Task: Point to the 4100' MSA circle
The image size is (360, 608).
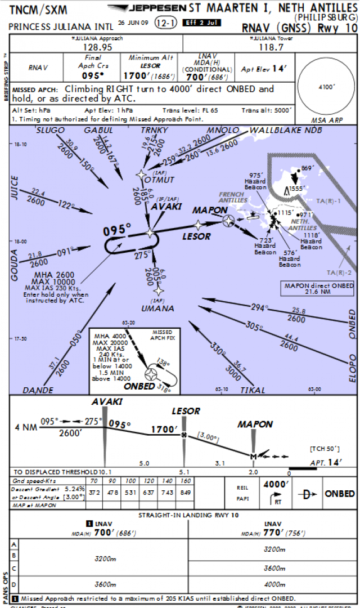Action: tap(326, 87)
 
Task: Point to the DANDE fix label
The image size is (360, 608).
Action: tap(39, 390)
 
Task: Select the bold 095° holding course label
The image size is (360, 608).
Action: tap(116, 230)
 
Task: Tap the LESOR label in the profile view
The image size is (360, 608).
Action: tap(186, 412)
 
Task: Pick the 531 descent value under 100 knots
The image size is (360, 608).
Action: tap(130, 493)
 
